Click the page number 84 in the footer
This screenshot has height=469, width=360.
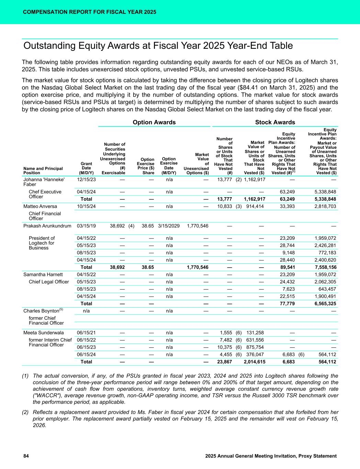coord(26,456)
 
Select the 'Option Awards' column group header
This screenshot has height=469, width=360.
coord(154,122)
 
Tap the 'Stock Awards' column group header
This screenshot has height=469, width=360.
coord(275,122)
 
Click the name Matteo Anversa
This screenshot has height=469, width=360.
coord(40,206)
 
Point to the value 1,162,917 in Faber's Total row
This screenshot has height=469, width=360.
coord(255,199)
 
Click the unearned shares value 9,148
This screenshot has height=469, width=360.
coord(288,253)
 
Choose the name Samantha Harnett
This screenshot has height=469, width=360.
coord(43,275)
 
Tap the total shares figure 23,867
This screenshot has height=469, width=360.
coord(225,361)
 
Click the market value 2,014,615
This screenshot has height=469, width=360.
coord(255,361)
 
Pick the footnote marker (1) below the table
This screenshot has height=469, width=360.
coord(25,376)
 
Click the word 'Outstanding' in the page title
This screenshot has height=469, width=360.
coord(49,46)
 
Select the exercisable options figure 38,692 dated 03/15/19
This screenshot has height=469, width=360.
coord(117,226)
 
